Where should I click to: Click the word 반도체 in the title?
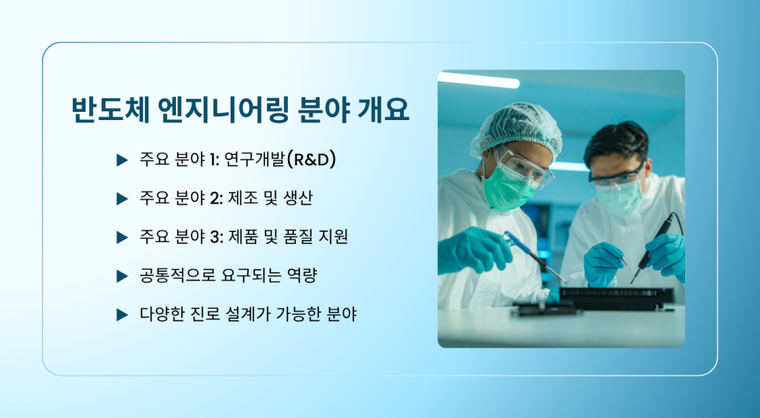coord(110,110)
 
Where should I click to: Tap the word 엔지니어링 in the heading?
coord(223,110)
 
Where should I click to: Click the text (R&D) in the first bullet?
coord(311,159)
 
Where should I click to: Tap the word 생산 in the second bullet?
coord(298,199)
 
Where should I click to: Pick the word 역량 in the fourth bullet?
coord(302,276)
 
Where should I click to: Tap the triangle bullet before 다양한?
coord(122,315)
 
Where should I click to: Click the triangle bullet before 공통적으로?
coord(122,276)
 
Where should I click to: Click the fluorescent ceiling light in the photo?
coord(479,80)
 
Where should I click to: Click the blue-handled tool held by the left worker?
coord(533,256)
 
